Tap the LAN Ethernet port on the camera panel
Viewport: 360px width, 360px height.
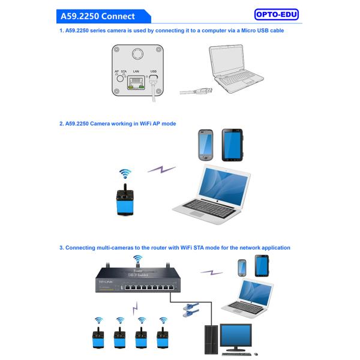(136, 83)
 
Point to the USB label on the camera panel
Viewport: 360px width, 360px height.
(153, 71)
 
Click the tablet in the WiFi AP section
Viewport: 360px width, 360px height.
(231, 144)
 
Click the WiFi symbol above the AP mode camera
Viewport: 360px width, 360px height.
(125, 174)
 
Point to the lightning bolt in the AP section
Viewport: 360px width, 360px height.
(161, 170)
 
